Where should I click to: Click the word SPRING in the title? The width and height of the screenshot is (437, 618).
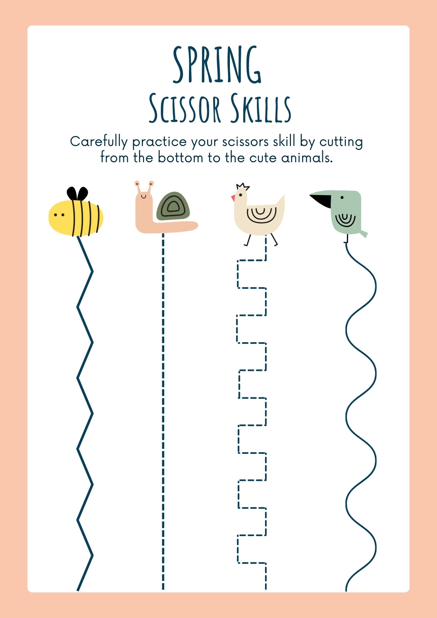point(217,65)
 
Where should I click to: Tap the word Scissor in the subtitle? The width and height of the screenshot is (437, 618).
point(185,108)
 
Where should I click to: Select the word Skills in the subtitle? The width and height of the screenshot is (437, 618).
point(260,108)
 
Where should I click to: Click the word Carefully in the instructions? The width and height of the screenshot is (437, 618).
point(99,142)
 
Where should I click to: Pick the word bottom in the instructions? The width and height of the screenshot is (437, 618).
point(180,158)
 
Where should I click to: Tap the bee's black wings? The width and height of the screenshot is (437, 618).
point(77,194)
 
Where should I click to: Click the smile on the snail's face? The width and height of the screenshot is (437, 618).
point(143,197)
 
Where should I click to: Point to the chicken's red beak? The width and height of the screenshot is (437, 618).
point(233,198)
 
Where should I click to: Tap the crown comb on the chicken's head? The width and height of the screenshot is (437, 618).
point(243,187)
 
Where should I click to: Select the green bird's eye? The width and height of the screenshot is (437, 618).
point(342,197)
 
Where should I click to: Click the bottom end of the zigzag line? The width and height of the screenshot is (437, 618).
point(78,591)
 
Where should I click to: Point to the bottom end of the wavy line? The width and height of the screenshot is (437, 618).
point(346,591)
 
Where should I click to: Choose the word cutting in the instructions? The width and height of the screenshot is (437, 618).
point(341,143)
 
